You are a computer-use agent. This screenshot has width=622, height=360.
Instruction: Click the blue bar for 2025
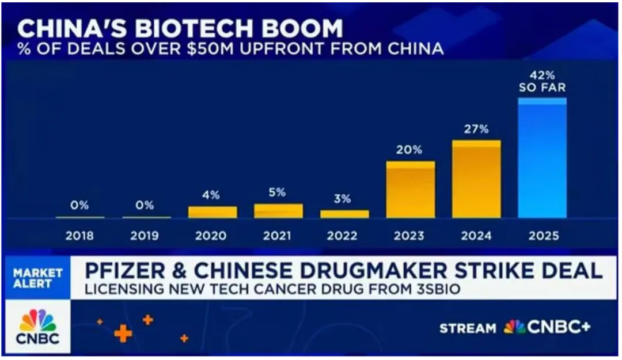click(x=542, y=158)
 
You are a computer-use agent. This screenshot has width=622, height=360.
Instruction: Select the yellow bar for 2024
click(x=476, y=179)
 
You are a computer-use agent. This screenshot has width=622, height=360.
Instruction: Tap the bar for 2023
click(x=411, y=190)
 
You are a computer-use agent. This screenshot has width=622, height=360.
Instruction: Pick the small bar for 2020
click(x=213, y=212)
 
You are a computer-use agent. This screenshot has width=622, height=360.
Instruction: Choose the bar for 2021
click(x=278, y=211)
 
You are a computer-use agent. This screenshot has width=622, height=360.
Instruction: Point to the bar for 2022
click(x=344, y=214)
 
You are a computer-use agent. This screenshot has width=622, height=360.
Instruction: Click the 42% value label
click(x=542, y=75)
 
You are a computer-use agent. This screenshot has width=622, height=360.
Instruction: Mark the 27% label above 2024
click(x=476, y=129)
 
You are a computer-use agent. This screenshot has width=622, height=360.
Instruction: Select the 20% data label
click(x=409, y=150)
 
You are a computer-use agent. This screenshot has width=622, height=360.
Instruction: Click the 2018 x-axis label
click(x=79, y=236)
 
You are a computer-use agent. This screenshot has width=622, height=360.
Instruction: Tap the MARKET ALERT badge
click(x=38, y=278)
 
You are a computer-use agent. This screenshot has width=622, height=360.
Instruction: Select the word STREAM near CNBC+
click(x=468, y=328)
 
